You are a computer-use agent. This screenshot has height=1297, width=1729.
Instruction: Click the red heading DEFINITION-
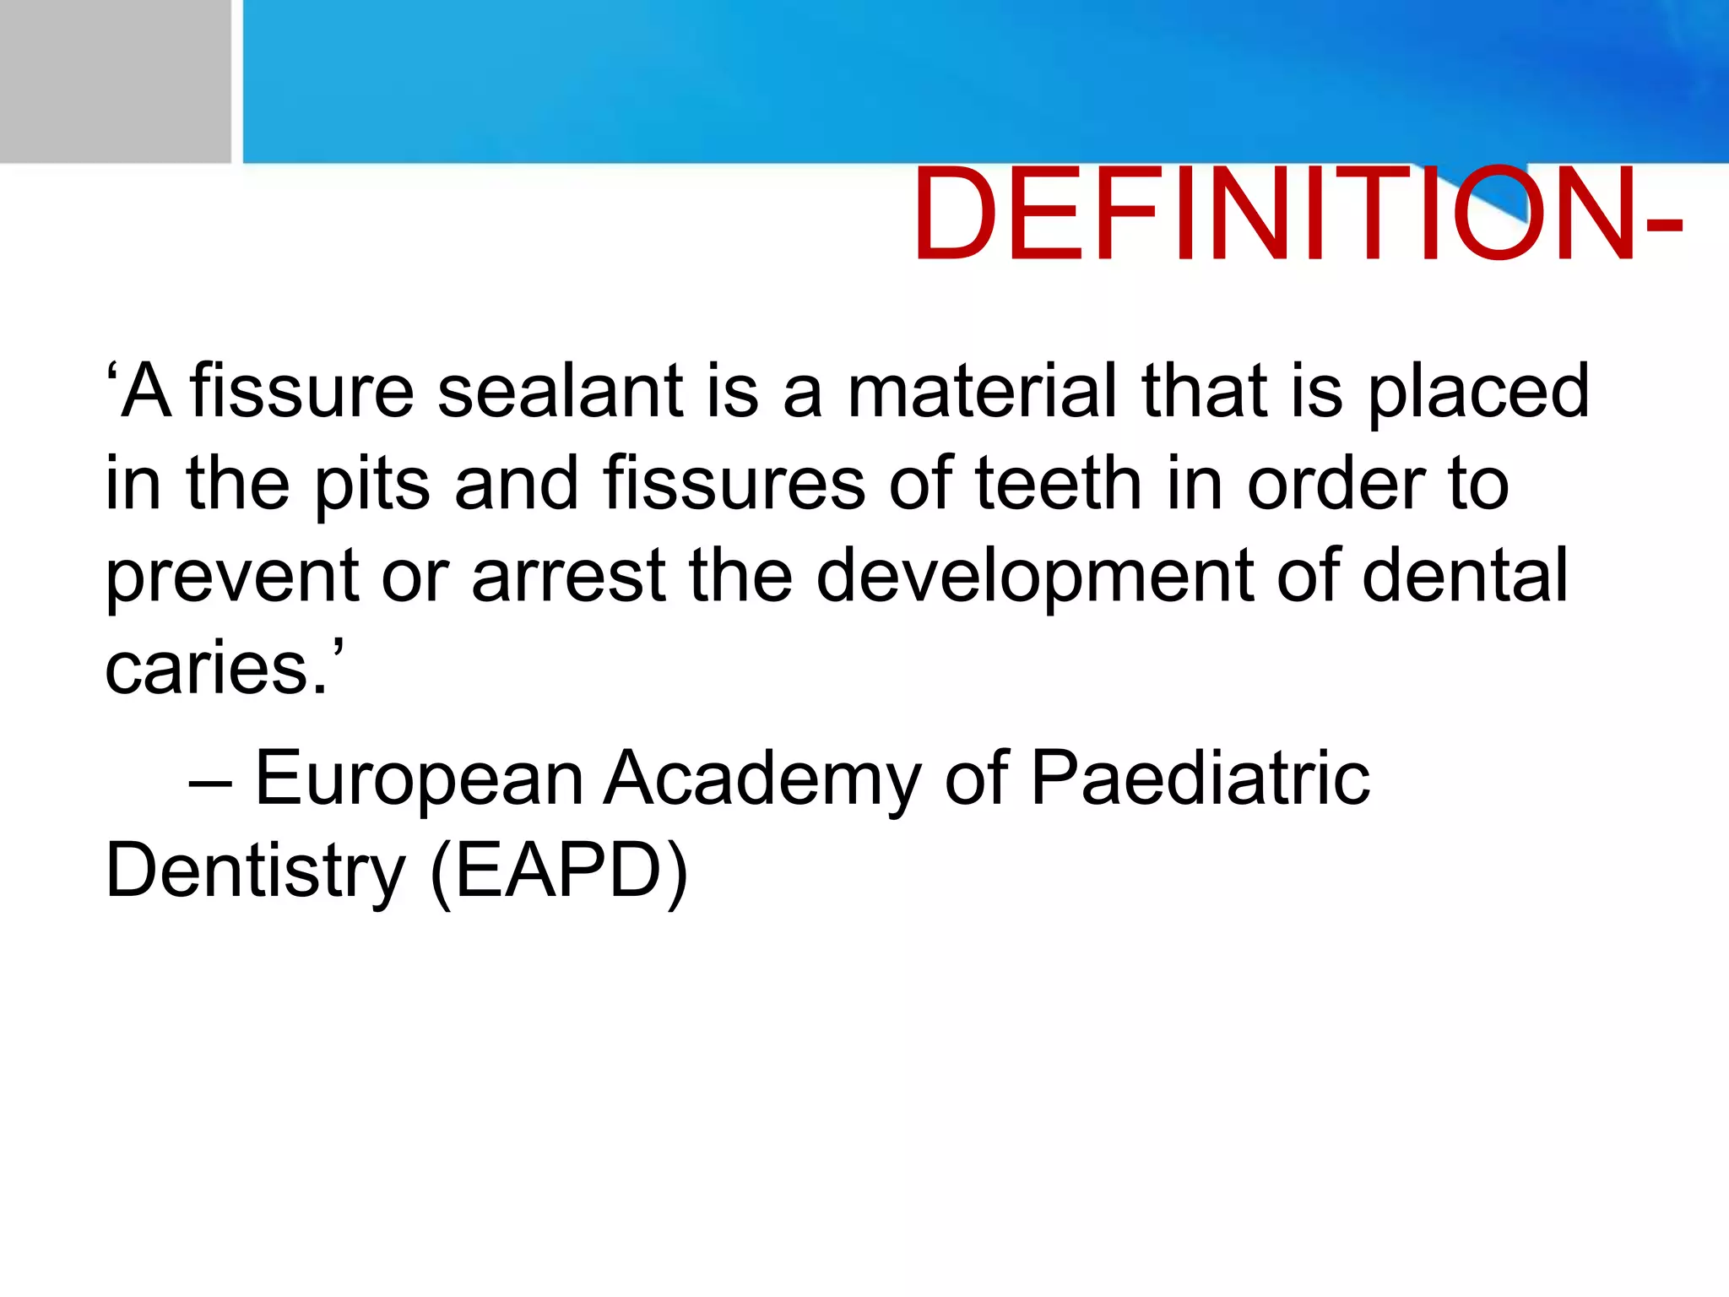[1297, 216]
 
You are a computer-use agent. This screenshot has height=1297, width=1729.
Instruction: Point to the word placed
[1477, 393]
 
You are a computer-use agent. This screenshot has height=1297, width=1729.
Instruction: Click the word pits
[371, 486]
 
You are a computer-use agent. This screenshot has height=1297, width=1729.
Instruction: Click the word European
[419, 780]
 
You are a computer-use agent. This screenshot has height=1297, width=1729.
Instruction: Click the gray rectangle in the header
[115, 81]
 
